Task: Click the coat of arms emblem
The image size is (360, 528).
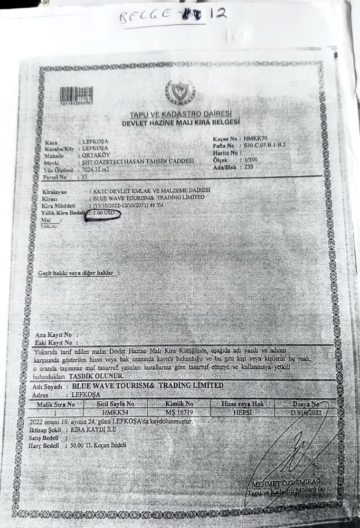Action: coord(180,92)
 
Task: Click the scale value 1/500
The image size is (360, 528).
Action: coord(250,158)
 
